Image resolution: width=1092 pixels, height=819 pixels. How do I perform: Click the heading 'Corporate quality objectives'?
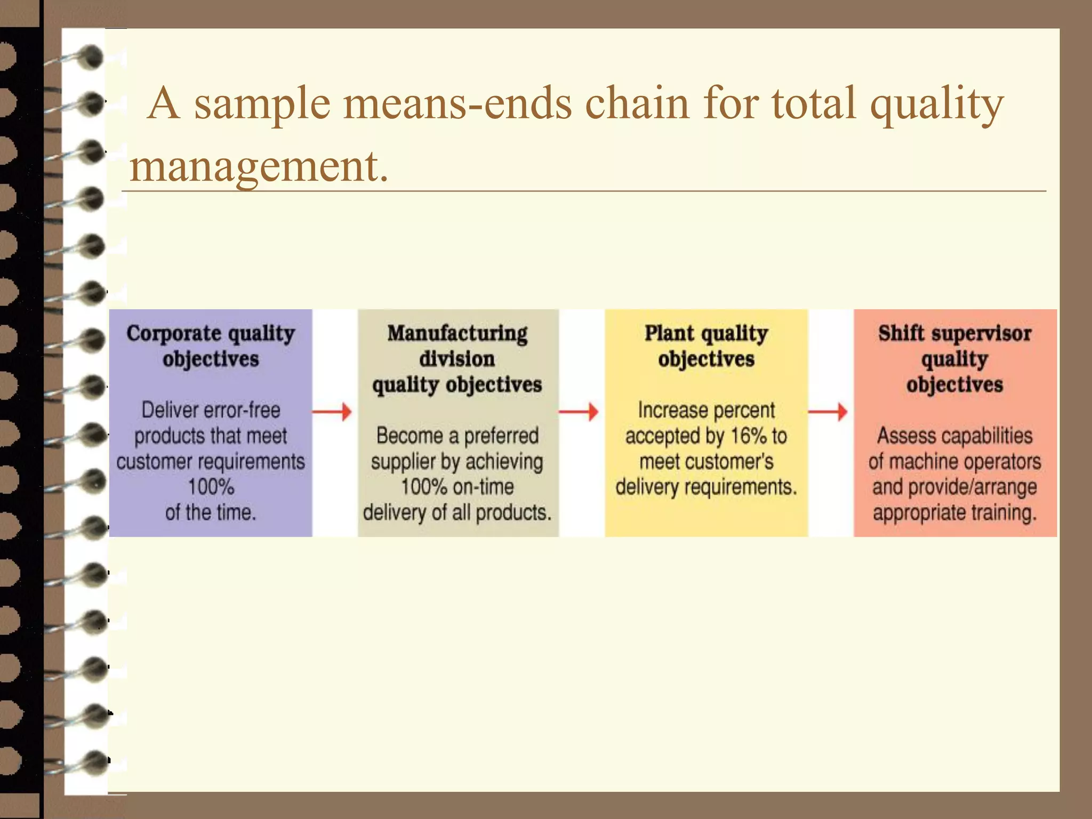click(x=211, y=346)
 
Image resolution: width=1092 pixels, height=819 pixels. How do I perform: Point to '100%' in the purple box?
click(x=211, y=487)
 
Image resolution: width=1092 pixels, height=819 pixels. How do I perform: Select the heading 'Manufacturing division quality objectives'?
click(x=457, y=359)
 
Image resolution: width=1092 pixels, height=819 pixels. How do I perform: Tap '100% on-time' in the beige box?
click(x=457, y=487)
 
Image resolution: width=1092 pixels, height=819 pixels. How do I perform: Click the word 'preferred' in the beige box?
click(x=501, y=436)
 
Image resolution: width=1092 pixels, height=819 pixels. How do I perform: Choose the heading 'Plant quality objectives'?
click(x=706, y=346)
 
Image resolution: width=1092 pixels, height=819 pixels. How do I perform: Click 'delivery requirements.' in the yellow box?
click(x=706, y=487)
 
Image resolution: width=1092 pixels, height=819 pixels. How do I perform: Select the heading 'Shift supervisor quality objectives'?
click(x=954, y=359)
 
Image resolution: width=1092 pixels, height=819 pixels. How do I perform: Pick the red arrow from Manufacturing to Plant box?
click(x=579, y=412)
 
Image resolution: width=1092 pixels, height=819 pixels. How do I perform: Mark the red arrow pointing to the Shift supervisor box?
click(x=828, y=412)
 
